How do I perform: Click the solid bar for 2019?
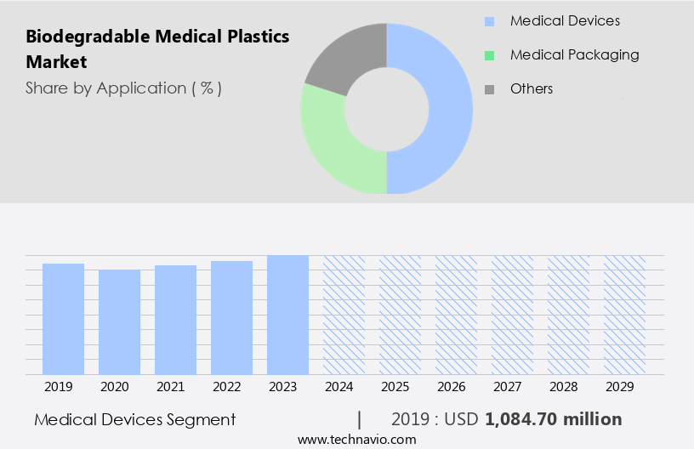pos(63,319)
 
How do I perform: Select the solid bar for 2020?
pos(119,321)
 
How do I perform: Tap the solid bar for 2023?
pos(287,315)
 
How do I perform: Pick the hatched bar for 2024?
pos(344,315)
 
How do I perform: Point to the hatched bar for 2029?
pos(624,315)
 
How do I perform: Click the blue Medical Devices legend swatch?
pos(489,21)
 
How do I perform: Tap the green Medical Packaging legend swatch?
pos(489,55)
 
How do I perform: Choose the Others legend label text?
pos(532,88)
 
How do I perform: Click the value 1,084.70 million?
pos(554,419)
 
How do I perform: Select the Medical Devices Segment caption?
pos(135,419)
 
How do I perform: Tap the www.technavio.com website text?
pos(356,440)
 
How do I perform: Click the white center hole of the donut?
pos(387,108)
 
